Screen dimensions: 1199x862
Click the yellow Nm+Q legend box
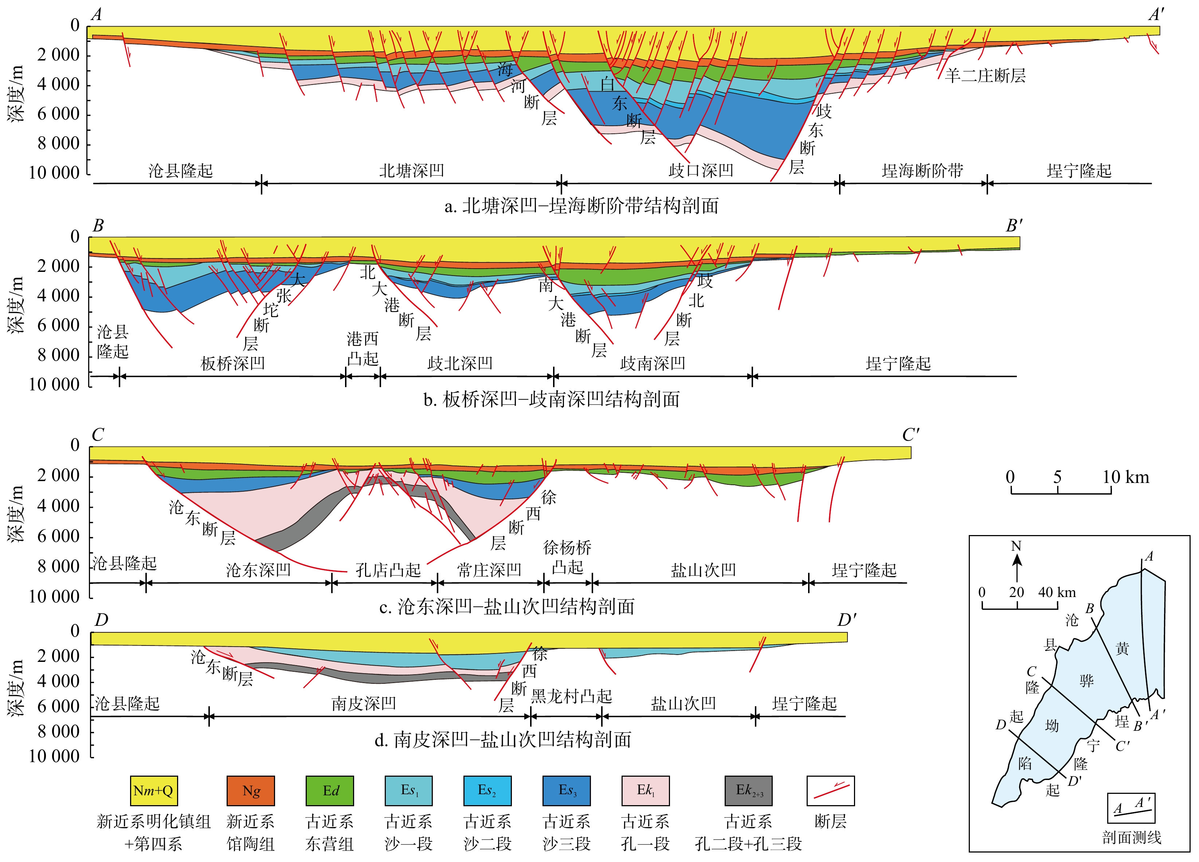click(153, 791)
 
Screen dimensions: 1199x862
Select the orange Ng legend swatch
click(251, 791)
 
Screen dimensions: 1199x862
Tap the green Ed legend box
click(330, 791)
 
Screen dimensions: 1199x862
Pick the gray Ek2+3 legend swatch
click(748, 791)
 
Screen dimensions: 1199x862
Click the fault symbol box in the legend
click(831, 791)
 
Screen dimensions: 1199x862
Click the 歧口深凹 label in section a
click(701, 170)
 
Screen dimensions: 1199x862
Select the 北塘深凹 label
click(411, 170)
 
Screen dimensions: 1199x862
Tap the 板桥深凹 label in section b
click(232, 363)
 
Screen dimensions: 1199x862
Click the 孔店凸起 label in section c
click(388, 570)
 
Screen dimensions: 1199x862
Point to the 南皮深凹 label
click(364, 703)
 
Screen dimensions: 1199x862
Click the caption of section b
click(551, 399)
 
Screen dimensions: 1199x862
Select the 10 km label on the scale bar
click(1125, 477)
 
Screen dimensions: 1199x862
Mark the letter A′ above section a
click(1156, 14)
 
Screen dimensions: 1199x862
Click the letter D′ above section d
click(847, 620)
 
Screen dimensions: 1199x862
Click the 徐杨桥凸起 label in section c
click(567, 557)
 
